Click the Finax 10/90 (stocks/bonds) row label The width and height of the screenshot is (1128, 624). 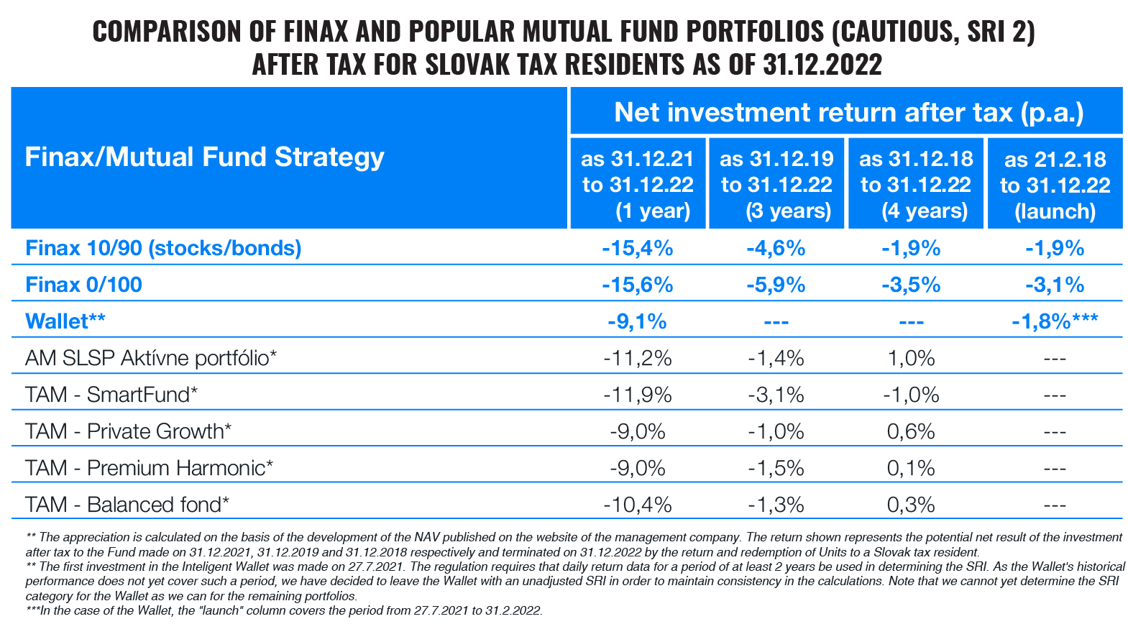pos(163,248)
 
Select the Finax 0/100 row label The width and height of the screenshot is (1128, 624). pos(83,285)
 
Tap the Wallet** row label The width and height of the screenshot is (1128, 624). pos(65,321)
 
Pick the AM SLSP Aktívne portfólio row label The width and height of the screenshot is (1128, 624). pos(151,358)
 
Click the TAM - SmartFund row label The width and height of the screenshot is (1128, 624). pos(111,395)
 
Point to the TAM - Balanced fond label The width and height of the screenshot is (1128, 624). pos(127,505)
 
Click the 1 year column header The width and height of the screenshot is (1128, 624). pos(637,185)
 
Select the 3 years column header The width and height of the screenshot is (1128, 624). pos(776,185)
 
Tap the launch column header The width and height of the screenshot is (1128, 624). pos(1055,185)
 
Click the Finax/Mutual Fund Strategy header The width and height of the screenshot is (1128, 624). pos(205,157)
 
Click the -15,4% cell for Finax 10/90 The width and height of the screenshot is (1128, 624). pos(637,248)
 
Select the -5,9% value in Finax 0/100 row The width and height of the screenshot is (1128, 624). pos(776,285)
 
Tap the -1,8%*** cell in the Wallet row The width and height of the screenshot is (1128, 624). pos(1055,321)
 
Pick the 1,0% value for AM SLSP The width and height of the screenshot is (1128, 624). pos(911,358)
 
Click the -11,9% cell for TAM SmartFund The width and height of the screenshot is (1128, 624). pos(637,395)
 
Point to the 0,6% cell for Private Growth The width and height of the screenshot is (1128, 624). pos(911,431)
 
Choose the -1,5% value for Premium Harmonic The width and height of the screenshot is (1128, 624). pos(776,468)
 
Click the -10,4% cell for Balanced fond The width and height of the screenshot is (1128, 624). pos(637,505)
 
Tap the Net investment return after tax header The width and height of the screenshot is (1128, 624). pos(848,112)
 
